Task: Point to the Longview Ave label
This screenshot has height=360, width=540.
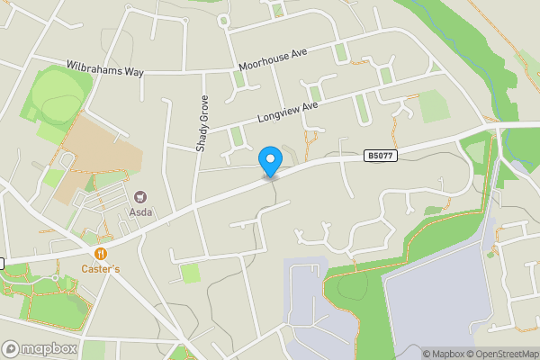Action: [288, 112]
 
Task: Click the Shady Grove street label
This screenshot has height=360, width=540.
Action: [202, 123]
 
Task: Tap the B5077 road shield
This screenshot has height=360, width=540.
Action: [381, 157]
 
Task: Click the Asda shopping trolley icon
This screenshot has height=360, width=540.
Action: [140, 197]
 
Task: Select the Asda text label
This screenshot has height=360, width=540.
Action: [140, 213]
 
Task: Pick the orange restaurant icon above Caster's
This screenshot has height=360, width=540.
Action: [101, 255]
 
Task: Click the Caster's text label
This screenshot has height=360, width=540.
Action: [101, 269]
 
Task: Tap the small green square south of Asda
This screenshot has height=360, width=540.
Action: [190, 273]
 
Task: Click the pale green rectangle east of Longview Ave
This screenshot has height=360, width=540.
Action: [434, 106]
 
